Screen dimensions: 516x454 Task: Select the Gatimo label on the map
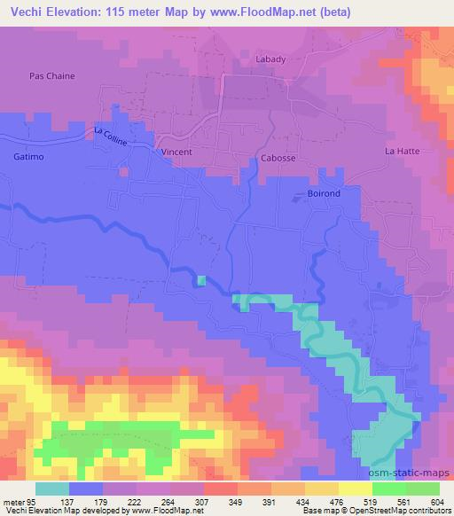click(28, 156)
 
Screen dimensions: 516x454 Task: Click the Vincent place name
click(176, 152)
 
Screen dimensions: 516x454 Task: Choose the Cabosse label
click(278, 157)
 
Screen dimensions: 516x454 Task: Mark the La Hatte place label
click(401, 152)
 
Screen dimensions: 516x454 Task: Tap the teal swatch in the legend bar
click(52, 488)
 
